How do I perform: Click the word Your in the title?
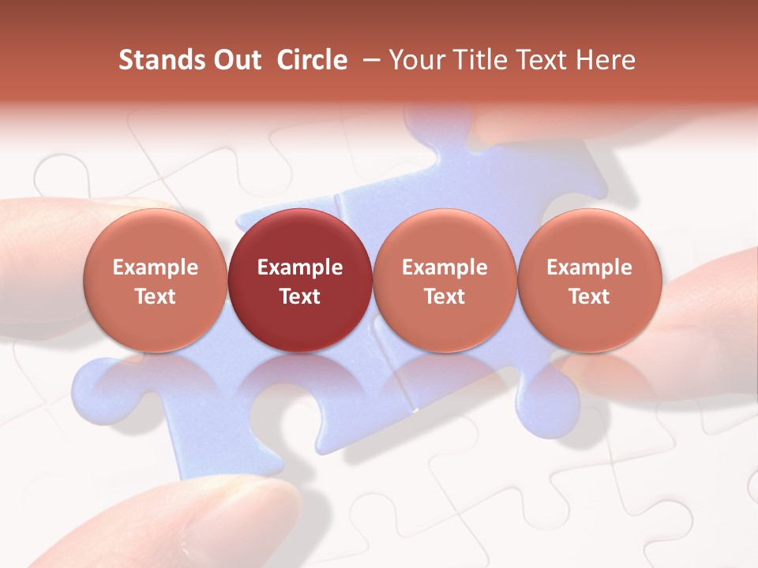415,60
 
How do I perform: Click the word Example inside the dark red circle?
300,267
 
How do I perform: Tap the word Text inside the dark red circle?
300,297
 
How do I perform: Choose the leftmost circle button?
155,280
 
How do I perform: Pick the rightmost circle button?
589,280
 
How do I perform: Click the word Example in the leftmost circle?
155,267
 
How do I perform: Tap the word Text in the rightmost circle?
589,297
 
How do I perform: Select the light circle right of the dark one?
445,280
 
